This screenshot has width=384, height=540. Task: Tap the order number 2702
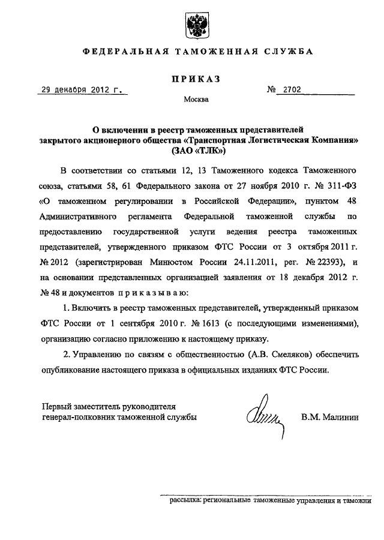[x=289, y=91]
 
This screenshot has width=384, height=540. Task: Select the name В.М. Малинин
[x=329, y=416]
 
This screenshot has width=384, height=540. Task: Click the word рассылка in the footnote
[x=185, y=499]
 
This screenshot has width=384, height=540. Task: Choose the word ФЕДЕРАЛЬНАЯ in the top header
[x=124, y=52]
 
